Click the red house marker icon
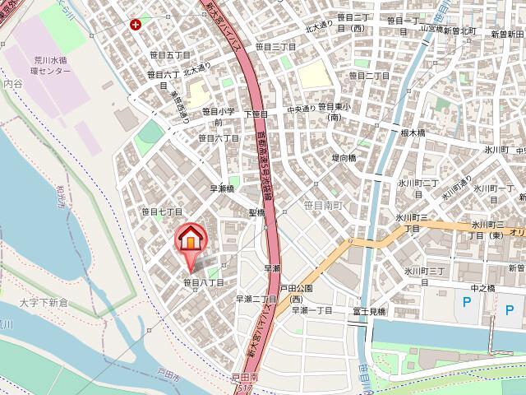190,240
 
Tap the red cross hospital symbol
134,26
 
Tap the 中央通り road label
302,108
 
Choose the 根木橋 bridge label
412,132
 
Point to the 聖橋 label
257,212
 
